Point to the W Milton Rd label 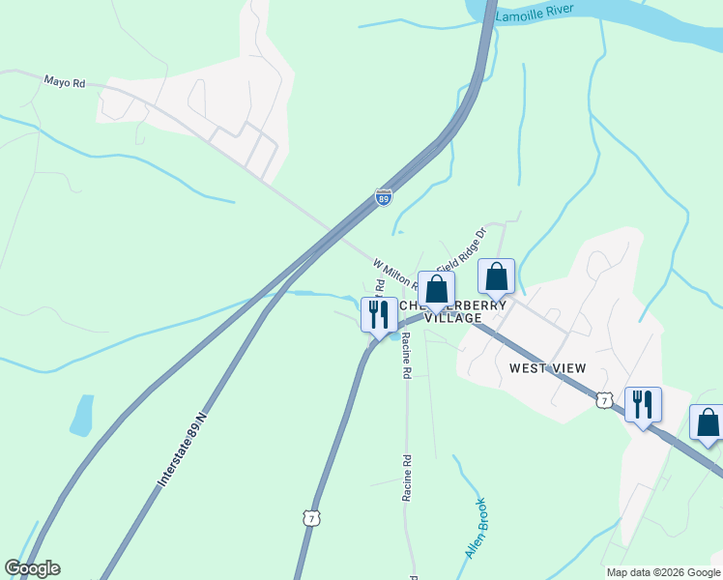394,273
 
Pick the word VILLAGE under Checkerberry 453,318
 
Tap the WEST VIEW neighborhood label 548,368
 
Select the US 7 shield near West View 604,400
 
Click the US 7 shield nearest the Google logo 310,520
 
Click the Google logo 32,568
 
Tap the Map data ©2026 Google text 663,572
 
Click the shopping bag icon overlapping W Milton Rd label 436,288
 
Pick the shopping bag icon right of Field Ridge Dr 496,275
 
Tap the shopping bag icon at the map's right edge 708,421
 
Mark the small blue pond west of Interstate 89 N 82,415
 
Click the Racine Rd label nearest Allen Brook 408,478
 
